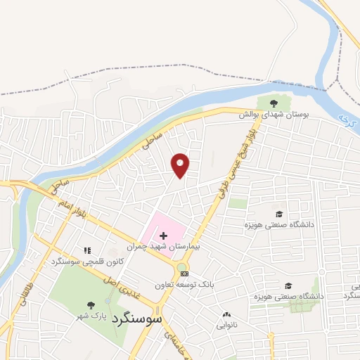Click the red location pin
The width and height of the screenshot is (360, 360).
(181, 165)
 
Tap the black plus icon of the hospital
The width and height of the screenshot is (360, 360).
(163, 235)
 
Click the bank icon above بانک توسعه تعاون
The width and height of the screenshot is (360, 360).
(184, 273)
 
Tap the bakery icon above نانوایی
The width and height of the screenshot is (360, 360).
(226, 314)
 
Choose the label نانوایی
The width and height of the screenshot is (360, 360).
(226, 325)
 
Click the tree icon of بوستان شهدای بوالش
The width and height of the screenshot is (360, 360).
(274, 103)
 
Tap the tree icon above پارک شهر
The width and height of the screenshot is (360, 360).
(91, 304)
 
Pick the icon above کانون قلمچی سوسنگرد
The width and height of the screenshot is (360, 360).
(87, 250)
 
